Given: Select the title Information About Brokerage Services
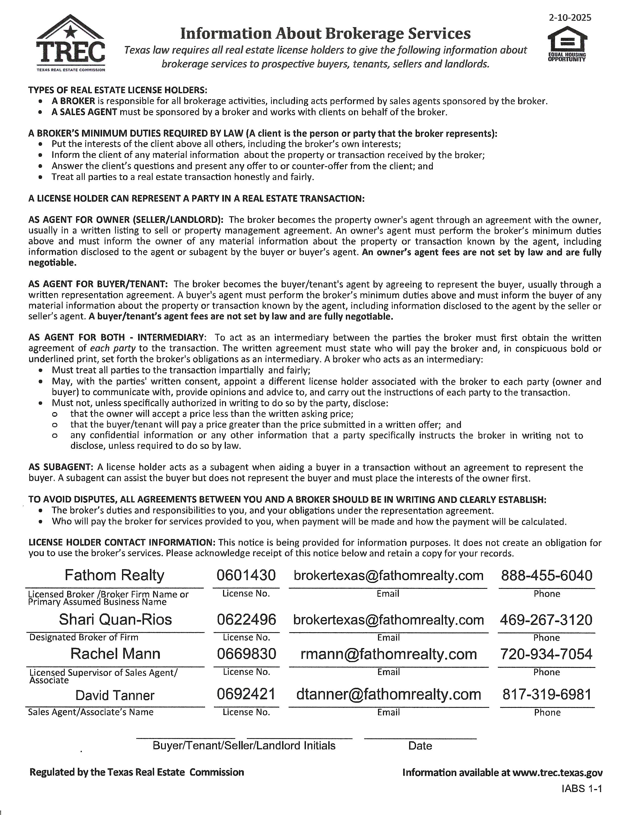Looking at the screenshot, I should coord(325,34).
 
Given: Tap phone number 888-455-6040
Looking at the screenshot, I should coord(546,576).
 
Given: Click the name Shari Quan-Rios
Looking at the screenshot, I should coord(115,619).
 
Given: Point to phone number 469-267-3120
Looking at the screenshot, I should coord(546,620).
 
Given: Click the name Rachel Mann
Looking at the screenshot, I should coord(115,654).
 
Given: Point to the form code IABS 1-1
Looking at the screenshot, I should coord(582,789).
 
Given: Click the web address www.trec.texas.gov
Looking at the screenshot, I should coord(557,773).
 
